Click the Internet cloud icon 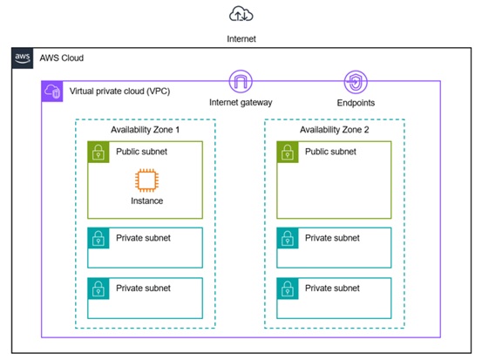coord(241,14)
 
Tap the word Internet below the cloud coord(241,39)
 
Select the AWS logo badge coord(23,58)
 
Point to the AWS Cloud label coord(62,58)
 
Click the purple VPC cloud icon coord(52,92)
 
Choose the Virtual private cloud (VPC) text coord(119,92)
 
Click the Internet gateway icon coord(241,81)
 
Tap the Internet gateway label coord(241,102)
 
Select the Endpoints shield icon coord(356,82)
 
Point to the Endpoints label coord(356,103)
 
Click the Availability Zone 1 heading coord(145,130)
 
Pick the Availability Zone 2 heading coord(335,130)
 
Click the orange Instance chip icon coord(147,180)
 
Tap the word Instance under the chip coord(147,200)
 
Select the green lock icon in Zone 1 coord(98,152)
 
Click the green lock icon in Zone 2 coord(288,152)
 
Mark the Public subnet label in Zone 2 coord(330,152)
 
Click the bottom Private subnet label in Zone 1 coord(143,288)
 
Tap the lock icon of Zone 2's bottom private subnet coord(288,289)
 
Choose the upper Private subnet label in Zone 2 coord(332,238)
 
